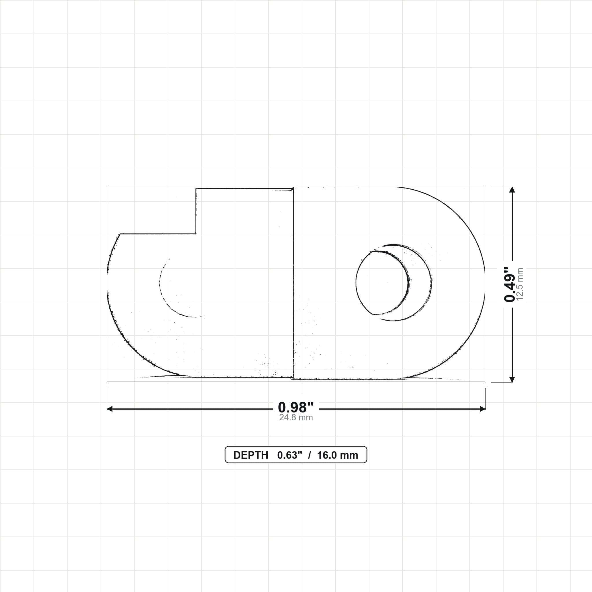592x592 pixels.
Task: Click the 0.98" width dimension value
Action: click(296, 408)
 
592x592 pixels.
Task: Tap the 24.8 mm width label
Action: click(296, 418)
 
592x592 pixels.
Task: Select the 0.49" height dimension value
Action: click(510, 284)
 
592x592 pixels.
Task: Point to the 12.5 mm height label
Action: click(520, 284)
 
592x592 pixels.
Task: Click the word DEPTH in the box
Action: click(251, 455)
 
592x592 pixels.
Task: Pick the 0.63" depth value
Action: click(290, 455)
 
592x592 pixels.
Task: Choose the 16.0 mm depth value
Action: click(337, 455)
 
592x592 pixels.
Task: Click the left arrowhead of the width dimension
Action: click(110, 409)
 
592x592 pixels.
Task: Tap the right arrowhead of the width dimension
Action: click(483, 409)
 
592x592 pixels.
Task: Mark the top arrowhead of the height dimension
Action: click(512, 190)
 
